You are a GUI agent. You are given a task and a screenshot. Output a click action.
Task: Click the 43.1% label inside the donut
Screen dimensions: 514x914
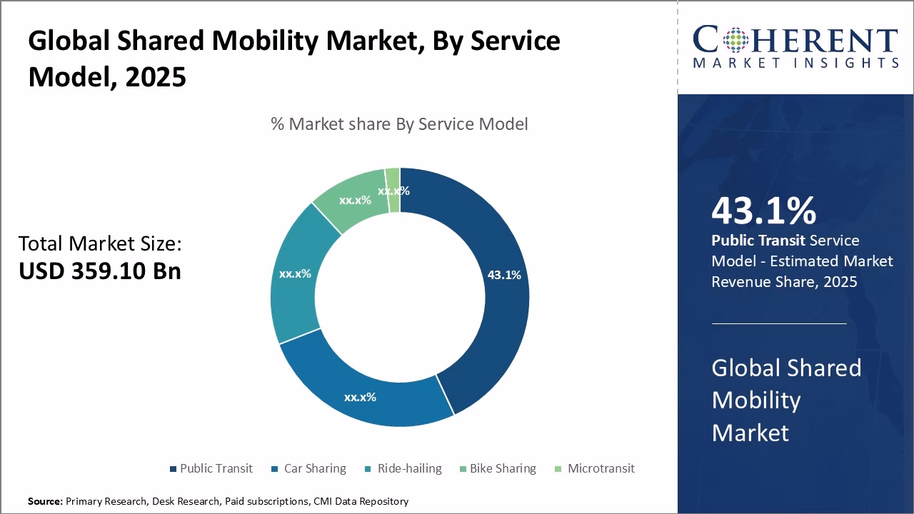click(504, 275)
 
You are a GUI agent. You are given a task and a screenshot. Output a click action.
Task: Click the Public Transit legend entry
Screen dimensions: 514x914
click(211, 468)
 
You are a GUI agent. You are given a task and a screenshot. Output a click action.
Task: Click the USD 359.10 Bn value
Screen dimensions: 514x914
click(100, 271)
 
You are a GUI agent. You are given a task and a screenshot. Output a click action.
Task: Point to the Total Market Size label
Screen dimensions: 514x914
click(100, 244)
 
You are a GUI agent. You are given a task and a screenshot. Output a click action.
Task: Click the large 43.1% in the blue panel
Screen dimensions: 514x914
click(763, 211)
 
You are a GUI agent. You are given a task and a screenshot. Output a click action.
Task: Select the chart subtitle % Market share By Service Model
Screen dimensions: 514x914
click(399, 124)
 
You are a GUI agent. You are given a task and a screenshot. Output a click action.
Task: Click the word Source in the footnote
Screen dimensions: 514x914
click(44, 501)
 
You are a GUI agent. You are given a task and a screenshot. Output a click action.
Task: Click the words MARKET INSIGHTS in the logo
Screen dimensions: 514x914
click(795, 63)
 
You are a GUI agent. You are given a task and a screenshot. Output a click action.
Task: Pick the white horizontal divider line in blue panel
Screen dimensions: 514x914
click(779, 323)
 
